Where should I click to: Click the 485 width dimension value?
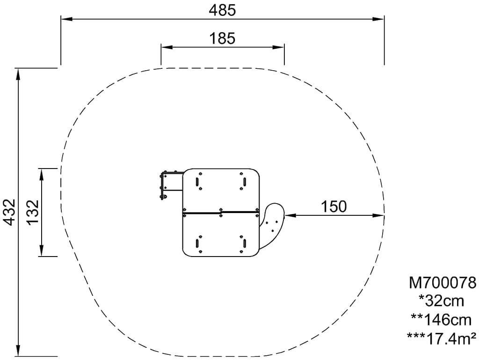coord(222,10)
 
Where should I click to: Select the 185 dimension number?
coord(222,38)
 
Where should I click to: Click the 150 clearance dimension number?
coord(334,206)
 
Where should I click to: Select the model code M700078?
coord(443,283)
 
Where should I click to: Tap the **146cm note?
coord(442,320)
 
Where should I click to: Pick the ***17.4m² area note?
coord(442,338)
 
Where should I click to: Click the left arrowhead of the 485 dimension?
coord(66,19)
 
